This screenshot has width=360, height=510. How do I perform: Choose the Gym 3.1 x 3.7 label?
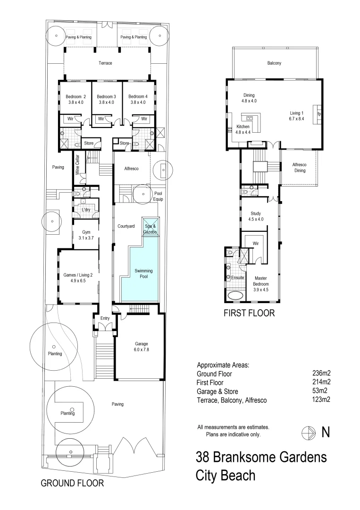[86, 235]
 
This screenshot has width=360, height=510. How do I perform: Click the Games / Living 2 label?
[78, 277]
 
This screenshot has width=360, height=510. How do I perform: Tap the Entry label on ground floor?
[105, 319]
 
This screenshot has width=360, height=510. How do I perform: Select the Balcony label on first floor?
[274, 63]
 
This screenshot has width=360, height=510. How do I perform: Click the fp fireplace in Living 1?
[319, 114]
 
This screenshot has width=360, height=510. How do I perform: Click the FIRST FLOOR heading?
[249, 313]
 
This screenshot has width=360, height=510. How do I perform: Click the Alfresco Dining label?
[299, 168]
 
